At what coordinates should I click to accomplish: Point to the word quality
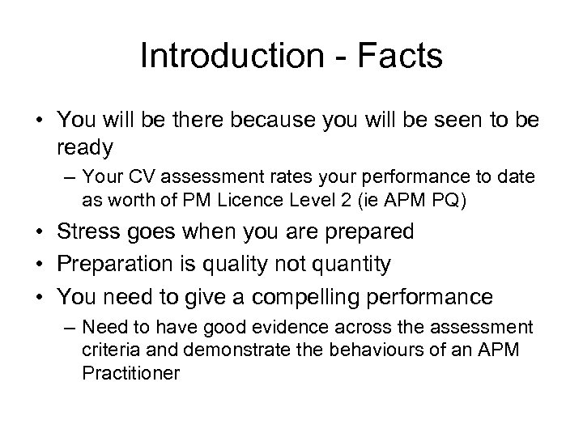coord(245,264)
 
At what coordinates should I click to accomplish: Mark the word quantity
coord(352,264)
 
